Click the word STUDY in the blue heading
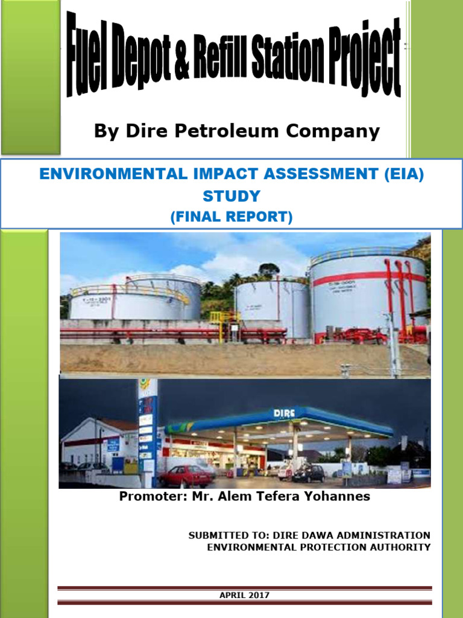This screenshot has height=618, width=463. (231, 196)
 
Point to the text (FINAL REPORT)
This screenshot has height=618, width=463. (231, 216)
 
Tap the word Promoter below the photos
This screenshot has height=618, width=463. (148, 497)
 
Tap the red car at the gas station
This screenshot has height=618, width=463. (185, 476)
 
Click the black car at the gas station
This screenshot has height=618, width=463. (309, 473)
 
